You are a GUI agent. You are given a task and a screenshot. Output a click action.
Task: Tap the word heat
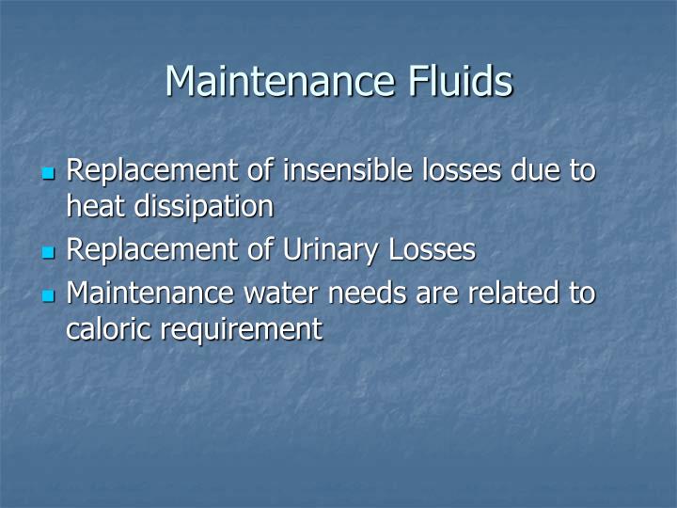[x=93, y=206]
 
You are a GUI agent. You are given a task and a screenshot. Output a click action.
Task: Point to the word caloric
[x=104, y=328]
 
